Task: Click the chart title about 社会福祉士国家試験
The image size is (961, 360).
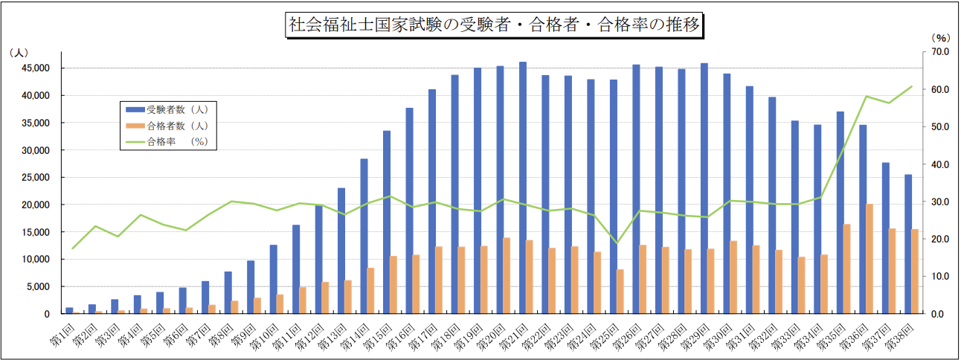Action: click(x=492, y=25)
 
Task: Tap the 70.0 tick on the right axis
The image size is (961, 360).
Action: click(x=936, y=52)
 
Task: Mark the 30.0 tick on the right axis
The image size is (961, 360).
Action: click(x=936, y=202)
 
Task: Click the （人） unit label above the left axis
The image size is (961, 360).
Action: click(x=19, y=53)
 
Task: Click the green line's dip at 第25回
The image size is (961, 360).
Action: click(x=616, y=243)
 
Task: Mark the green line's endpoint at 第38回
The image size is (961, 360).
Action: click(x=912, y=86)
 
